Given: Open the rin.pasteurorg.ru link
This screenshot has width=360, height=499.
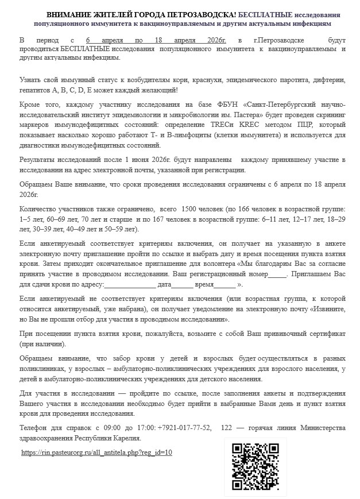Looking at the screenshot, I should coord(96,452).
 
